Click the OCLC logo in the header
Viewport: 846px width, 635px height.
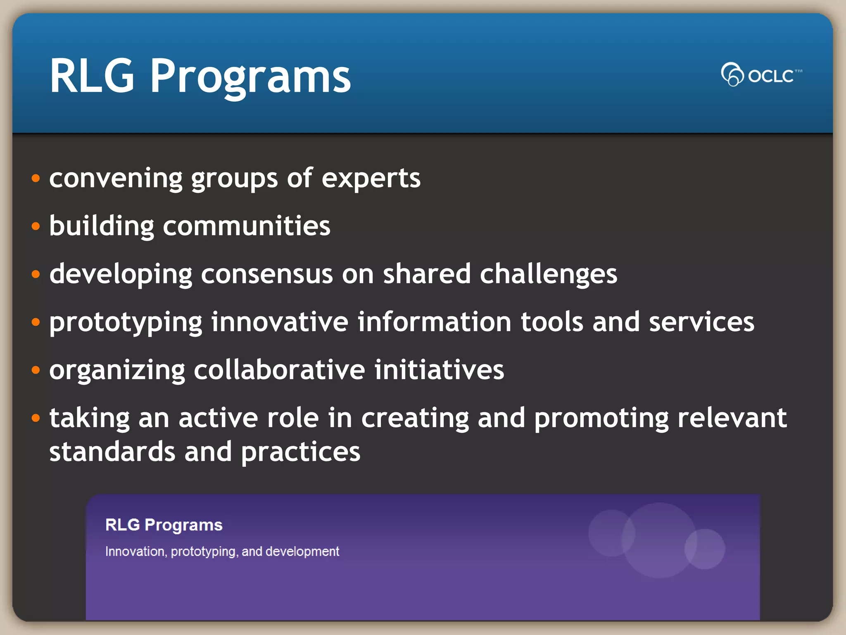pos(761,75)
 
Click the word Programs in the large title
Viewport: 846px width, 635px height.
pos(250,76)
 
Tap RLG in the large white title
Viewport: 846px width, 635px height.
pos(92,76)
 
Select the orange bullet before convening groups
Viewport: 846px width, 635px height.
pos(36,179)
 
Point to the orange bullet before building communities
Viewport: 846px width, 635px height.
pos(36,226)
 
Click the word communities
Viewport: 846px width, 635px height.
pos(247,226)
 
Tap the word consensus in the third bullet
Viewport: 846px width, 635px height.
pos(266,274)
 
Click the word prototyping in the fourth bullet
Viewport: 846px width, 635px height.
pos(126,323)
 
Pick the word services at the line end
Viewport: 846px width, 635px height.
pos(701,322)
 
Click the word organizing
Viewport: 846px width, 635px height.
pos(117,370)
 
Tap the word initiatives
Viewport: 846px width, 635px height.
pos(439,370)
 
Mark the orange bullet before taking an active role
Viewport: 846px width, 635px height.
pos(36,418)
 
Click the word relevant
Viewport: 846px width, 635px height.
pos(732,418)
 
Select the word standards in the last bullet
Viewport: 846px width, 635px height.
pos(112,451)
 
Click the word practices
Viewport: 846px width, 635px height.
pos(300,452)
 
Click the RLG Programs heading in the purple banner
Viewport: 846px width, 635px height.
pos(164,525)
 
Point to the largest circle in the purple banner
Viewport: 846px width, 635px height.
pos(658,540)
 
